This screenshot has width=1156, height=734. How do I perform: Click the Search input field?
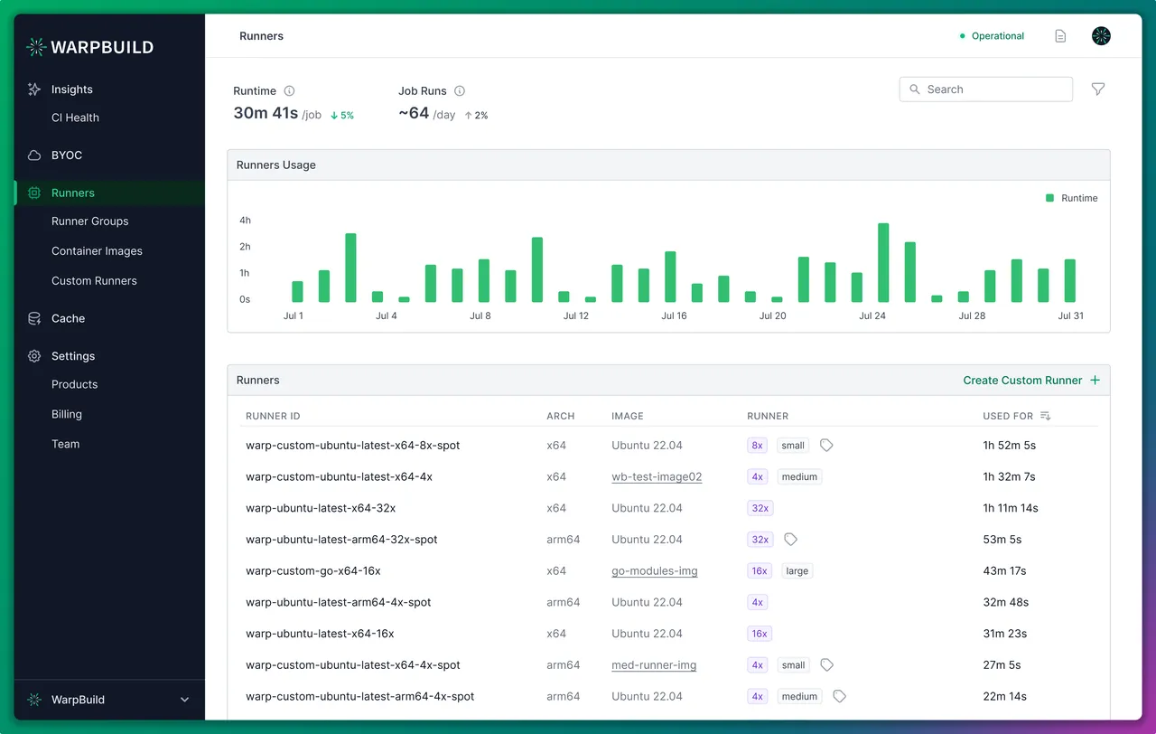click(x=985, y=89)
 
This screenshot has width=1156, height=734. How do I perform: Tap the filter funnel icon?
click(x=1097, y=89)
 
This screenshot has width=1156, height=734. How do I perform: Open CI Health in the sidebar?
click(x=75, y=118)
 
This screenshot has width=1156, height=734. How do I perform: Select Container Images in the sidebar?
click(x=97, y=250)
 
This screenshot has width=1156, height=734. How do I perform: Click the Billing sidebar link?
click(x=67, y=414)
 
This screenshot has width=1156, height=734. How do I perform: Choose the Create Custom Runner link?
click(x=1031, y=381)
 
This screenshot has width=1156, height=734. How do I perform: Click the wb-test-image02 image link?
click(x=657, y=476)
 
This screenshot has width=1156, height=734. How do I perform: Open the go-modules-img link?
click(x=655, y=570)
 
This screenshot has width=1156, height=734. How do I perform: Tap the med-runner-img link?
click(x=654, y=664)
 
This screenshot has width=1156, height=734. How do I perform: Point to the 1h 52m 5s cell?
click(x=1009, y=446)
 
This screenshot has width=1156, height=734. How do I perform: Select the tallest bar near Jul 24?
click(x=883, y=262)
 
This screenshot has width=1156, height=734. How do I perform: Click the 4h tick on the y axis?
click(x=245, y=220)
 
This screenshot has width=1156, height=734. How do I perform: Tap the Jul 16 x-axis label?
click(x=674, y=315)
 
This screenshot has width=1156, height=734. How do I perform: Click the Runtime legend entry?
click(x=1071, y=198)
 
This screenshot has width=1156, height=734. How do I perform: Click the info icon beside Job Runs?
click(x=460, y=91)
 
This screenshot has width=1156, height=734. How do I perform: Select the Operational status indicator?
click(x=992, y=35)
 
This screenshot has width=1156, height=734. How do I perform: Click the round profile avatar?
click(x=1101, y=35)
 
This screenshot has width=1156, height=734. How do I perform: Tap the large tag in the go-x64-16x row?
click(x=797, y=570)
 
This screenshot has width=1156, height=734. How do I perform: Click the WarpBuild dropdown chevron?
click(x=184, y=700)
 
